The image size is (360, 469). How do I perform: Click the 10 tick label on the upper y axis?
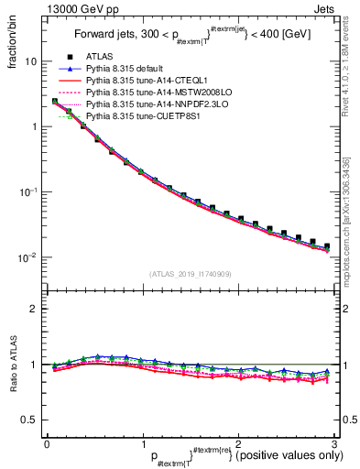tap(31, 61)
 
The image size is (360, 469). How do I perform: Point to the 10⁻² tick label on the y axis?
tap(28, 257)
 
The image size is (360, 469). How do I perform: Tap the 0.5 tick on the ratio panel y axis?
tap(30, 420)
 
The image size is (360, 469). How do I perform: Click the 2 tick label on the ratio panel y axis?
tap(35, 309)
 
